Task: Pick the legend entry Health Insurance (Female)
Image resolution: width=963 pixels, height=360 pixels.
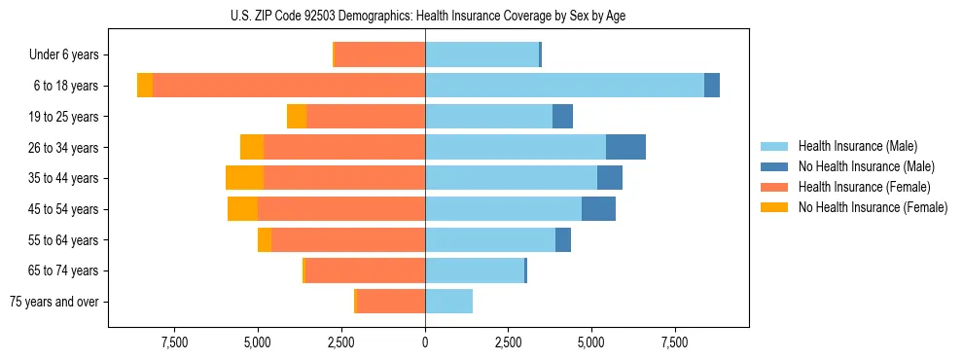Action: point(866,187)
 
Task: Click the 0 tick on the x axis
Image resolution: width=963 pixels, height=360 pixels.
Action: point(425,342)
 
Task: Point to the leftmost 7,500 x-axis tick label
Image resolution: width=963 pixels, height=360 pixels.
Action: point(174,342)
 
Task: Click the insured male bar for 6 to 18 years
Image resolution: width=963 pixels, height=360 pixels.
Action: point(564,86)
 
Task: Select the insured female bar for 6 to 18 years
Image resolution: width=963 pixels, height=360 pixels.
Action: point(289,86)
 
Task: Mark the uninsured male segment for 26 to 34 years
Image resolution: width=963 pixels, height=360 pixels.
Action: point(625,147)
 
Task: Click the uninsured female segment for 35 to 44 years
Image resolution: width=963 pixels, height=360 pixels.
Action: point(245,178)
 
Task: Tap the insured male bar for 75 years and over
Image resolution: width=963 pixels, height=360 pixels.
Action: point(448,302)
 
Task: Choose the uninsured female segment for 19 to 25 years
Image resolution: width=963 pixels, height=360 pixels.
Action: point(297,117)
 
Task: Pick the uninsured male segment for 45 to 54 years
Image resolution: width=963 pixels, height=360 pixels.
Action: point(598,209)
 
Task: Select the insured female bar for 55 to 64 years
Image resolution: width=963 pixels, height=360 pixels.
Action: point(348,240)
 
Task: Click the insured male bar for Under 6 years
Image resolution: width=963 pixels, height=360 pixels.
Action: point(481,54)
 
